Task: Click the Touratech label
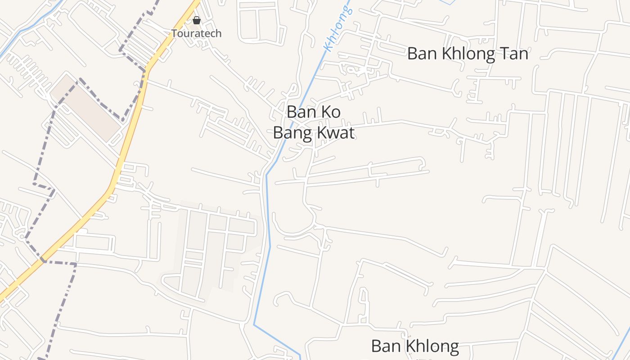(196, 33)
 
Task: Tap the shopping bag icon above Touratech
(196, 20)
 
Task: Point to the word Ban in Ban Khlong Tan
(423, 54)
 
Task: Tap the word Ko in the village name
(331, 112)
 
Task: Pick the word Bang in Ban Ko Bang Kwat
(291, 133)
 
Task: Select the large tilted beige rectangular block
(85, 108)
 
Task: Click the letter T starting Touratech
(174, 33)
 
